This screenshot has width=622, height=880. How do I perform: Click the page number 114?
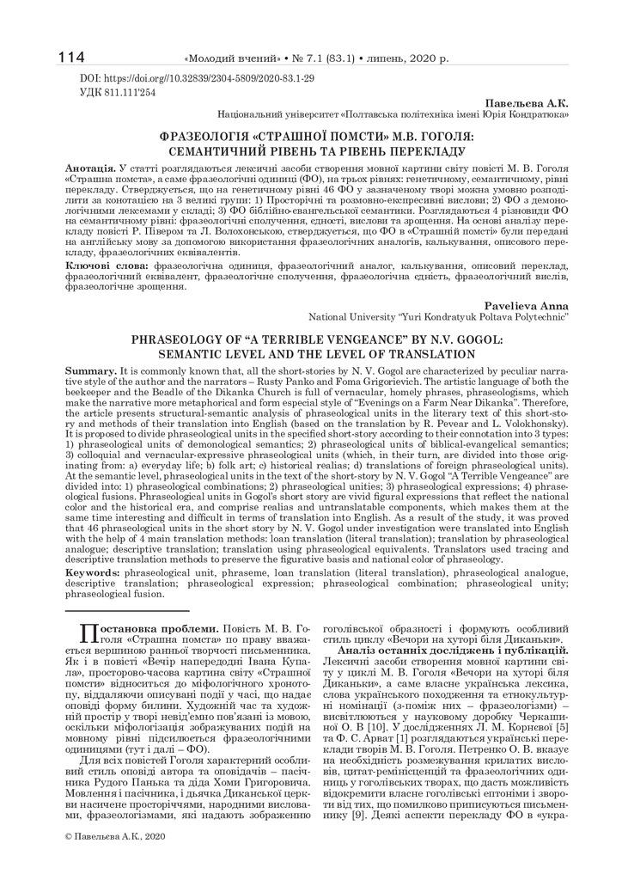tap(71, 58)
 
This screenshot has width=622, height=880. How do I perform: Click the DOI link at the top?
tap(197, 78)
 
